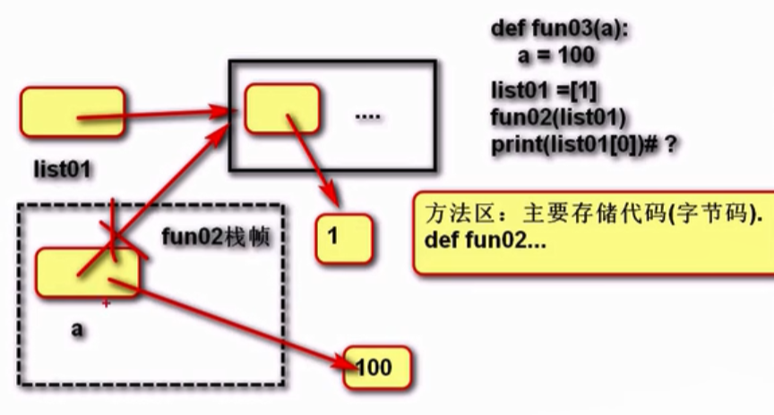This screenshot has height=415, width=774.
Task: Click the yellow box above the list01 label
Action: point(72,112)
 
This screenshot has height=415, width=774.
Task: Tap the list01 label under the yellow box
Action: point(62,168)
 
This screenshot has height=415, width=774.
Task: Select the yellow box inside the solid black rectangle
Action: point(281,108)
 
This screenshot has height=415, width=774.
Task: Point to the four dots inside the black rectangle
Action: point(368,117)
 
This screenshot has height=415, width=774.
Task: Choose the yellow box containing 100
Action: point(377,367)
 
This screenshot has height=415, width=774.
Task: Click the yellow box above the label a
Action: point(87,272)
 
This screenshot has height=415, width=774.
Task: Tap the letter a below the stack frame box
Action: point(77,328)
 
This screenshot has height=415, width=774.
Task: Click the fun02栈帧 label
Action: point(215,238)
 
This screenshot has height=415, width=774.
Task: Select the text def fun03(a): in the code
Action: point(560,28)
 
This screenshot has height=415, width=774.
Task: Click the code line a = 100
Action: point(556,55)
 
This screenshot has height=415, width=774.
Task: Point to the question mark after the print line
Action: point(669,144)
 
